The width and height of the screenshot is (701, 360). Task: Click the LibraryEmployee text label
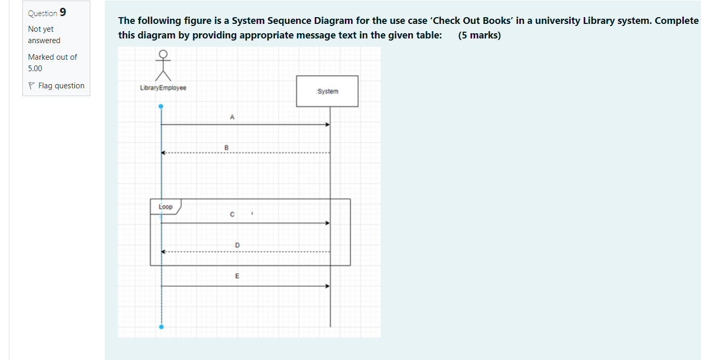(x=163, y=88)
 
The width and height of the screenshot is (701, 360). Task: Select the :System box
(x=327, y=91)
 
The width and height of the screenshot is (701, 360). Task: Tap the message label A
(x=232, y=117)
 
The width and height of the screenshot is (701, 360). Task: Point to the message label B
(x=226, y=148)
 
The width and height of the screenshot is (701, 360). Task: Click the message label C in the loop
(x=232, y=215)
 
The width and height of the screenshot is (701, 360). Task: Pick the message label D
(x=237, y=245)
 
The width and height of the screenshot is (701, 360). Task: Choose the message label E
(x=237, y=276)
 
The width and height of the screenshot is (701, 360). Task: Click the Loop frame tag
(x=166, y=207)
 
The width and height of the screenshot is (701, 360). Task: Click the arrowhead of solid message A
(x=327, y=125)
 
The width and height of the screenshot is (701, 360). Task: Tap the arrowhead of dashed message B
(x=164, y=153)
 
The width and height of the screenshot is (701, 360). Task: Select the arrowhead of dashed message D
(x=164, y=252)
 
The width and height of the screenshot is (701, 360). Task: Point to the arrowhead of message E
(x=327, y=286)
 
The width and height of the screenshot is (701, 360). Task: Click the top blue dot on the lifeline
(x=161, y=106)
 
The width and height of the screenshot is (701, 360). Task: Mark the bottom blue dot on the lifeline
(x=161, y=327)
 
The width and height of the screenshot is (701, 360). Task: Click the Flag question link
(x=61, y=86)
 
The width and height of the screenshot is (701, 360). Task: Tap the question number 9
(x=63, y=12)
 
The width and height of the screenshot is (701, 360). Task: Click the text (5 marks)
(x=480, y=36)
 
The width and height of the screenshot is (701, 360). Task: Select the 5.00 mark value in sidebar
(x=35, y=69)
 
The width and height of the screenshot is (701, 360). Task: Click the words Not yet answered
(x=44, y=35)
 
